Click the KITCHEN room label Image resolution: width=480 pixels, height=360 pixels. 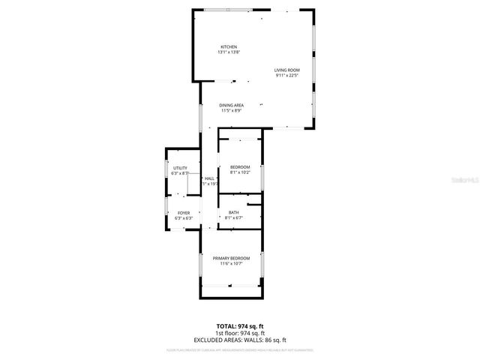pos(229,46)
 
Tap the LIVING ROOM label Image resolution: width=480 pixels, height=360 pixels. pos(286,70)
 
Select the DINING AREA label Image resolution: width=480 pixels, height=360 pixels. pos(231,105)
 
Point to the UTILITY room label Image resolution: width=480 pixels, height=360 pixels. pos(180,168)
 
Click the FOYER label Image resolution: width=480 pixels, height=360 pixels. pos(184,213)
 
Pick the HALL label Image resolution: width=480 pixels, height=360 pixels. pos(209,178)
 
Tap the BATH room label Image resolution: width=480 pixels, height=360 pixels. pos(234,213)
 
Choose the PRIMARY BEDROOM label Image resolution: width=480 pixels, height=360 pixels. pos(231,258)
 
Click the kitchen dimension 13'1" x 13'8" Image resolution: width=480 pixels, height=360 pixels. pos(229,52)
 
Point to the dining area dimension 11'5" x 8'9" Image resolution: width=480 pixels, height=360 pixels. pos(231,111)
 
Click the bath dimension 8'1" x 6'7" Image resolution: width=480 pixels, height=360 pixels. pos(234,218)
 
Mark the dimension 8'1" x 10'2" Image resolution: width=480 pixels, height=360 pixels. pos(240,172)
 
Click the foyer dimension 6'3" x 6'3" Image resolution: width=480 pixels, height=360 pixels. pos(184,218)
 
